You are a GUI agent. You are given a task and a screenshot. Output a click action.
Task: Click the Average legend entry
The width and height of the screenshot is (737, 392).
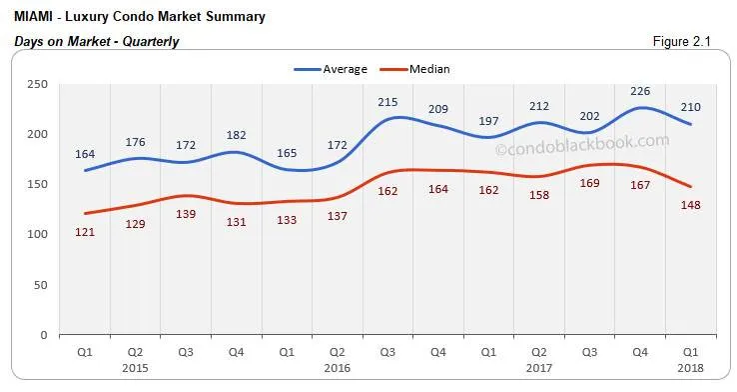344,69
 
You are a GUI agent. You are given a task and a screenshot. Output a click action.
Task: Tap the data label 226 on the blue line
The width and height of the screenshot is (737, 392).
635,90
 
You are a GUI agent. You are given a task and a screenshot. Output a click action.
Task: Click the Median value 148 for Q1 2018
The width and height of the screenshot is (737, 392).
689,206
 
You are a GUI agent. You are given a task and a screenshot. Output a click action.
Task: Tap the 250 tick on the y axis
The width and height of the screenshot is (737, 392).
37,85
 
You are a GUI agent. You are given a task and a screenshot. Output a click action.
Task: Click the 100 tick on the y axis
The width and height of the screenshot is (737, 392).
37,235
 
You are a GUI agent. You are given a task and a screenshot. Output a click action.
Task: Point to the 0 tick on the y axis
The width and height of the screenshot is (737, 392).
44,335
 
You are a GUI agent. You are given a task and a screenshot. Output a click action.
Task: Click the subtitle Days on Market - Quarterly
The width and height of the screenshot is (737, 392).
95,41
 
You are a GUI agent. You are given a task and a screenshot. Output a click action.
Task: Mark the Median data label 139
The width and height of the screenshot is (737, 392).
187,215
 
